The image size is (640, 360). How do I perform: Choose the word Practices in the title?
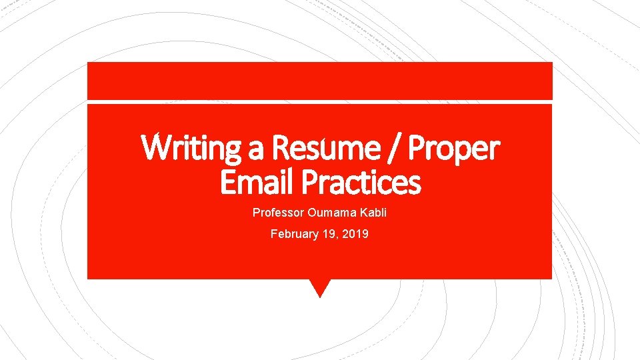click(360, 181)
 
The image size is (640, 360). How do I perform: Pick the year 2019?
click(355, 234)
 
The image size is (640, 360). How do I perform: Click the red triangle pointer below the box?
click(320, 286)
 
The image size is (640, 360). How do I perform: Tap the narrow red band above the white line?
click(320, 80)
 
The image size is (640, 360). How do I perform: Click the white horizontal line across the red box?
click(320, 101)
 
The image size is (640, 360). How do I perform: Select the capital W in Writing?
click(155, 148)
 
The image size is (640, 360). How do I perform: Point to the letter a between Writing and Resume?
click(255, 149)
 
